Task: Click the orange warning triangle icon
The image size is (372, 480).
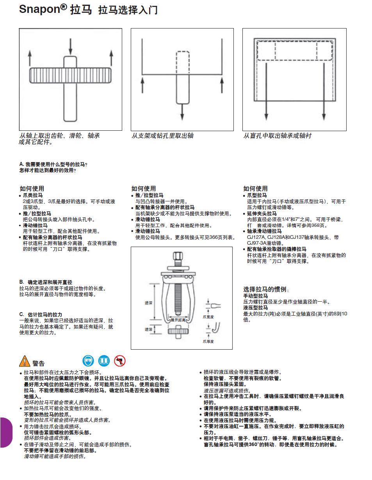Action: (24, 361)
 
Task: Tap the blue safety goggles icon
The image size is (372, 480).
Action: (88, 361)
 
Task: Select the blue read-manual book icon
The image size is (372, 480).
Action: (104, 361)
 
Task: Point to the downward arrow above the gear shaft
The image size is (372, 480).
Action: (71, 46)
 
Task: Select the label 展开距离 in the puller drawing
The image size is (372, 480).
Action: (178, 320)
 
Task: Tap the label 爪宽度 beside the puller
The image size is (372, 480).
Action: (208, 317)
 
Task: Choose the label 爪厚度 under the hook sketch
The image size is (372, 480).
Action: (208, 341)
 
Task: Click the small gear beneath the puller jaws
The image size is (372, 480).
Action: (179, 331)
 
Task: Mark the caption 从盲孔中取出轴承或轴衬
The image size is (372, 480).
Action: (277, 136)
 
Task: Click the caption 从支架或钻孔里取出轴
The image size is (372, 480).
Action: (162, 136)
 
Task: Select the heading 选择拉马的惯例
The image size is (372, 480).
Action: (266, 289)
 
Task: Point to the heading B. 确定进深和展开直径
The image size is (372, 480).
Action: (46, 282)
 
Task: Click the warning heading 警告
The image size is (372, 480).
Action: (39, 363)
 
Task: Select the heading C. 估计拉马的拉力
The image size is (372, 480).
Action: (41, 315)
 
